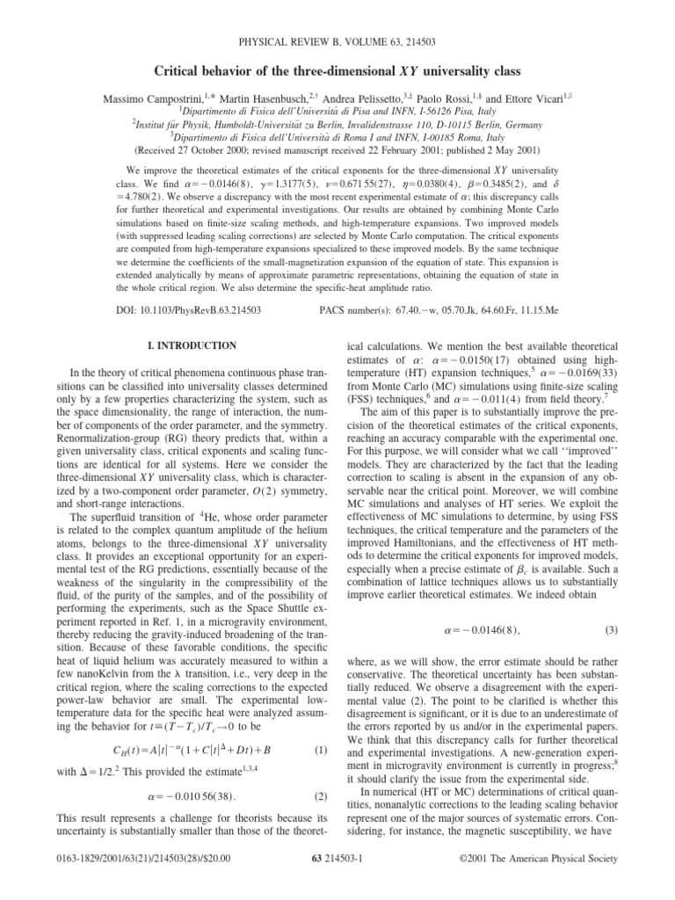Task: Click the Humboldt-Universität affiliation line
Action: pyautogui.click(x=337, y=126)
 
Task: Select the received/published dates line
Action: pyautogui.click(x=337, y=149)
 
